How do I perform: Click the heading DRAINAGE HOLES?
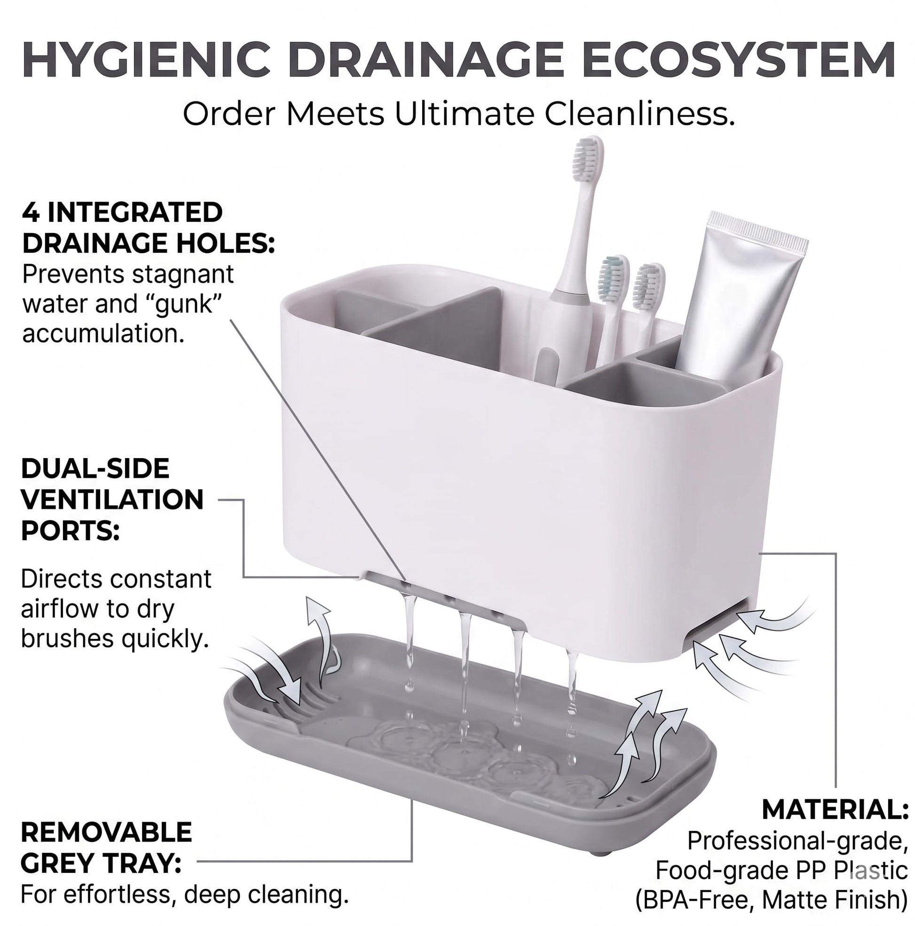[149, 243]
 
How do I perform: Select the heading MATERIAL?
[836, 810]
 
